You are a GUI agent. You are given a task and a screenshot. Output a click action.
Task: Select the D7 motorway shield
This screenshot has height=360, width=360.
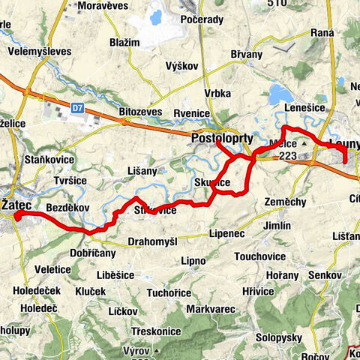(77, 108)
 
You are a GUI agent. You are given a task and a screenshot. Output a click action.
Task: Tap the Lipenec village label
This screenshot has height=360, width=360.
(227, 233)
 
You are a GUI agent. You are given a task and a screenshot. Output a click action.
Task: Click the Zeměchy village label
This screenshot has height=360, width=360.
(285, 202)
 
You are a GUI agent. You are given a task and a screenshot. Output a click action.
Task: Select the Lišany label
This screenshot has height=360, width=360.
(143, 171)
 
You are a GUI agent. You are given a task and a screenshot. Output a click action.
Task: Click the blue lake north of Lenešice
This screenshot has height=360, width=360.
(281, 94)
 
